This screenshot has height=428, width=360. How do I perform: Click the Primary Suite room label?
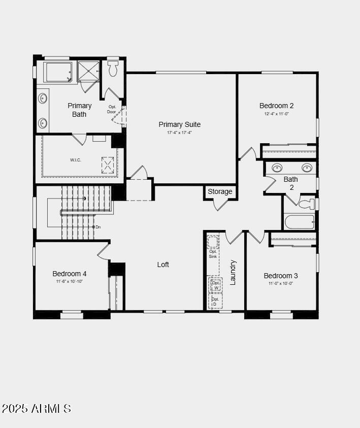pyautogui.click(x=179, y=124)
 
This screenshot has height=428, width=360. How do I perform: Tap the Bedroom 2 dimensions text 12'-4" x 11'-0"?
pyautogui.click(x=276, y=114)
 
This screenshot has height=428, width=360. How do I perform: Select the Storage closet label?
pyautogui.click(x=220, y=191)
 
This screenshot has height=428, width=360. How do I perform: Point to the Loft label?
pyautogui.click(x=163, y=265)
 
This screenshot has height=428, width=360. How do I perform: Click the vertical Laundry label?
pyautogui.click(x=233, y=272)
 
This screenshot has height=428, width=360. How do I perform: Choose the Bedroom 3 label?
pyautogui.click(x=281, y=276)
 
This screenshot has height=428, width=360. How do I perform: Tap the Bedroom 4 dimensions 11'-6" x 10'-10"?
pyautogui.click(x=70, y=281)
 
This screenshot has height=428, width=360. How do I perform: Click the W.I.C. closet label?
pyautogui.click(x=76, y=160)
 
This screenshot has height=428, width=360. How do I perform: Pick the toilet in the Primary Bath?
pyautogui.click(x=113, y=68)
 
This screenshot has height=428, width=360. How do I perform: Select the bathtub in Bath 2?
pyautogui.click(x=299, y=222)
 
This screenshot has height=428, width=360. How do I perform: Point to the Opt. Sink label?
pyautogui.click(x=213, y=254)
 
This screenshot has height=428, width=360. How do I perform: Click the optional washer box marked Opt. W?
pyautogui.click(x=216, y=285)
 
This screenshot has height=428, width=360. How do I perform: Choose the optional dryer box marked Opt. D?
pyautogui.click(x=215, y=301)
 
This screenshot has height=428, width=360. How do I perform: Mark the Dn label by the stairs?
pyautogui.click(x=98, y=227)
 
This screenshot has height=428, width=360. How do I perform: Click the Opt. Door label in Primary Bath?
pyautogui.click(x=112, y=109)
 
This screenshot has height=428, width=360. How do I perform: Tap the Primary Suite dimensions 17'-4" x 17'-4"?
pyautogui.click(x=179, y=133)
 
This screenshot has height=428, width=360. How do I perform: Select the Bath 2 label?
pyautogui.click(x=291, y=183)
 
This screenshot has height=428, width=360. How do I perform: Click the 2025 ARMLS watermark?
pyautogui.click(x=37, y=408)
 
